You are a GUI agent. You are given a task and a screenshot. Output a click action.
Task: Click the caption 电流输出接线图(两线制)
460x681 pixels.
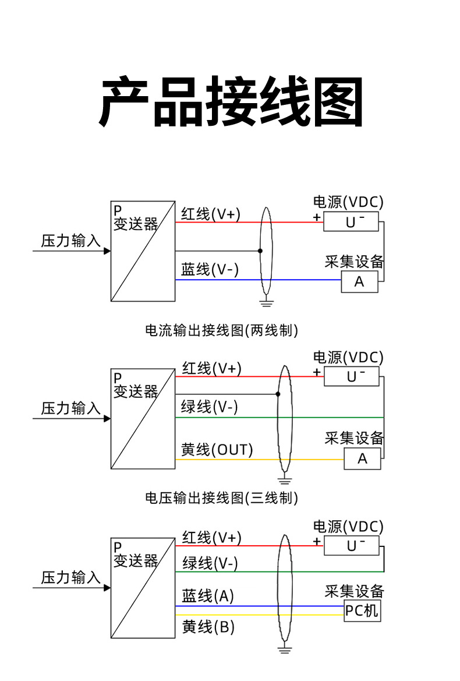221,330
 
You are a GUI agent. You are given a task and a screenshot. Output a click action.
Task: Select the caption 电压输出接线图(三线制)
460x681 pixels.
221,498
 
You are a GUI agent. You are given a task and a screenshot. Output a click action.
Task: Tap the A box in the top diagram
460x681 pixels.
359,282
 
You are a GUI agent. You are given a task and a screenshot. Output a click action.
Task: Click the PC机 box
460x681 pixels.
362,611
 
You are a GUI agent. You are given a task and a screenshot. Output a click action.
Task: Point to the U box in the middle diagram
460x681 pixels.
352,376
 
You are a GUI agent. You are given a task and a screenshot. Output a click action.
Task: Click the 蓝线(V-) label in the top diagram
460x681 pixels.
210,270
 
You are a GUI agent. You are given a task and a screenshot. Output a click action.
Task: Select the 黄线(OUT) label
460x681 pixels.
217,450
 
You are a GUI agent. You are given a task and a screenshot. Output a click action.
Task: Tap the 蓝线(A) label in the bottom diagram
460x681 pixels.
208,596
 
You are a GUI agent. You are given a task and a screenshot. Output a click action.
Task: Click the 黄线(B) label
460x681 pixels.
208,627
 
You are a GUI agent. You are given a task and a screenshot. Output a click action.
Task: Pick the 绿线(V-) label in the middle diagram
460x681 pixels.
210,407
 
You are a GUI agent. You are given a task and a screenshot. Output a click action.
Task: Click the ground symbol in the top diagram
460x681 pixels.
266,303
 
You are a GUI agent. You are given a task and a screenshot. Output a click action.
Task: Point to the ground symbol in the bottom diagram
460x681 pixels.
285,649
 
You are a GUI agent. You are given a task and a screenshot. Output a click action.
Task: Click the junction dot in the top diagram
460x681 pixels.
260,251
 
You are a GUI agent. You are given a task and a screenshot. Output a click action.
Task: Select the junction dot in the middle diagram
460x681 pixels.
278,394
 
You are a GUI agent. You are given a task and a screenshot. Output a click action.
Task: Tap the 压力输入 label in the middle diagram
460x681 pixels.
70,408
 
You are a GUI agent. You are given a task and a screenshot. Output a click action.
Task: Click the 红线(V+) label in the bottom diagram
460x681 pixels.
211,537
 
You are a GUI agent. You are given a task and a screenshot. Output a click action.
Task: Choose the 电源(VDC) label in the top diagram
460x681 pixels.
348,203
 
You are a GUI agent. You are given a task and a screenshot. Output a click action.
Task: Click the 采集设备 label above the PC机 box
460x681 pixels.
354,592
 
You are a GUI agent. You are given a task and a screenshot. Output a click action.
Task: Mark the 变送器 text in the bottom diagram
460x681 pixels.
136,561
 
